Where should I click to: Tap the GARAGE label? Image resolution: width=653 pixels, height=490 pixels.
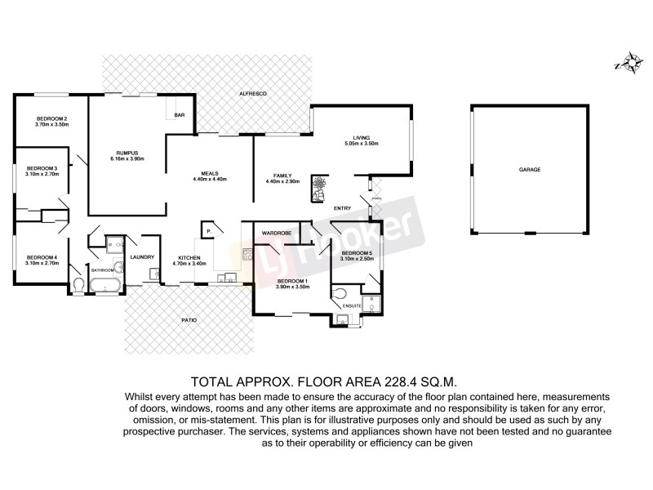(x=530, y=169)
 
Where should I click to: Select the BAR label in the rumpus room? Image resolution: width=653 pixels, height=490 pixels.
(x=179, y=116)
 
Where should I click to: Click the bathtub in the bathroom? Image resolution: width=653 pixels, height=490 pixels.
(x=105, y=284)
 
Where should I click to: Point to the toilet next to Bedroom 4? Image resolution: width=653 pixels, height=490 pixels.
(x=79, y=283)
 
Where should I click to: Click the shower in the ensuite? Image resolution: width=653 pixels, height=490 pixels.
(x=371, y=305)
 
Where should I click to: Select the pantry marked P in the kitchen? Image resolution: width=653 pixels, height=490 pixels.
(x=208, y=232)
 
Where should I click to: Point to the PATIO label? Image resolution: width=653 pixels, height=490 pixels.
(x=189, y=319)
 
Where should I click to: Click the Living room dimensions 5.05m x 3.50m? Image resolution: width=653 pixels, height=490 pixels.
(x=361, y=144)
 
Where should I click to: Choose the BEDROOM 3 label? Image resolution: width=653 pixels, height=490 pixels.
(x=42, y=168)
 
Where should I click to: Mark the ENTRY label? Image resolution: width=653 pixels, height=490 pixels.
(x=343, y=208)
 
